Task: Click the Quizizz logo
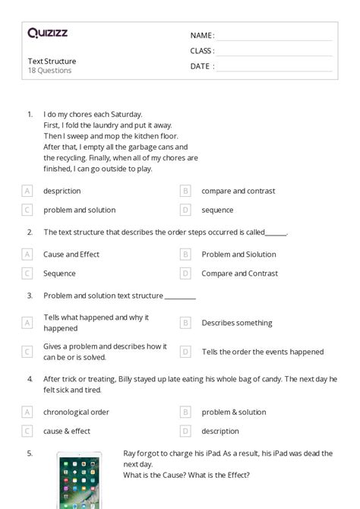[47, 33]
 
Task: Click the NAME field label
[201, 36]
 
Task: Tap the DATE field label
[201, 66]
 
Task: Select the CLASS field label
[202, 51]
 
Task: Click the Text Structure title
[52, 61]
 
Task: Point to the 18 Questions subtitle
[49, 71]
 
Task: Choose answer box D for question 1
[185, 210]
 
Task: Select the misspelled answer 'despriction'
[62, 191]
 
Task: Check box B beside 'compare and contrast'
[185, 191]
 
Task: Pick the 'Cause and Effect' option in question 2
[71, 254]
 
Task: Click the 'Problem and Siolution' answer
[238, 254]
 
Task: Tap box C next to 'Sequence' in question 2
[27, 273]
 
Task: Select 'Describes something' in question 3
[236, 323]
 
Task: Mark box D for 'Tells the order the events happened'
[185, 352]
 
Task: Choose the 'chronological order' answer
[76, 412]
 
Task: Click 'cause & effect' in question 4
[67, 431]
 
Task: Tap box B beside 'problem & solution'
[185, 412]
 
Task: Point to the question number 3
[30, 296]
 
